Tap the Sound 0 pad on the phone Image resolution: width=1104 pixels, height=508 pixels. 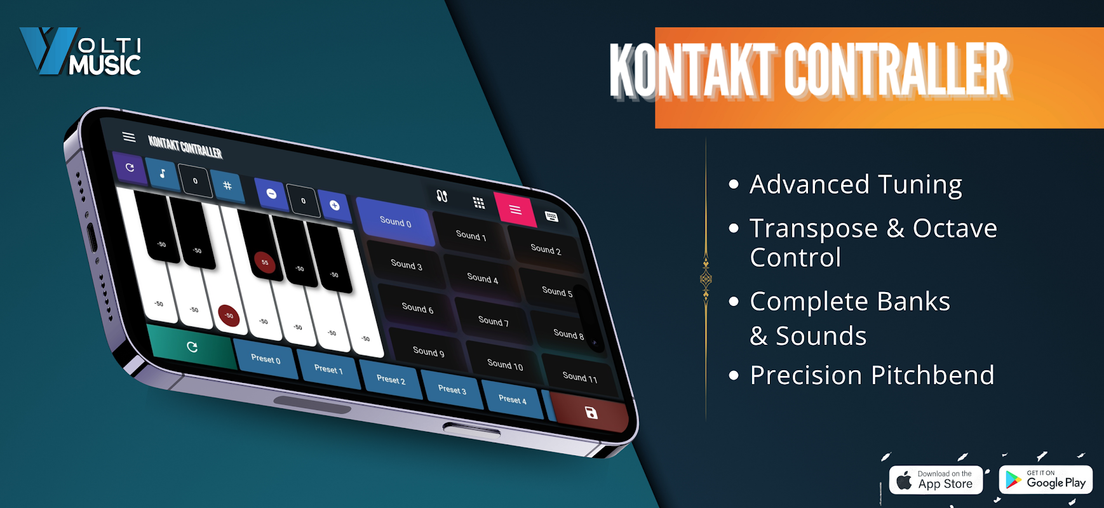tap(396, 222)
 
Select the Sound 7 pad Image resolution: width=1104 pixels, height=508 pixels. tap(494, 321)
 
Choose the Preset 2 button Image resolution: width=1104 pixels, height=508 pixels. tap(391, 380)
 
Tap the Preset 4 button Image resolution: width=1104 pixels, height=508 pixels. tap(513, 399)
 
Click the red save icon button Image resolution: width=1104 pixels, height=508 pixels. tap(591, 413)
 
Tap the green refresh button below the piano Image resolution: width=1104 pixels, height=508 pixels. tap(192, 347)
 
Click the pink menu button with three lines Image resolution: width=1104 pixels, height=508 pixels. tap(515, 210)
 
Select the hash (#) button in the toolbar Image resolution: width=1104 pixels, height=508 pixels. tap(227, 185)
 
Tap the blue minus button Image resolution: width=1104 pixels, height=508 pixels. tap(271, 194)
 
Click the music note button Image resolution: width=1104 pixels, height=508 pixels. tap(162, 173)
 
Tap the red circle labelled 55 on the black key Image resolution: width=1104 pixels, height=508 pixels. tap(265, 262)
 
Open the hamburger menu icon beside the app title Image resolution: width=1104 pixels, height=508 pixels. tap(129, 137)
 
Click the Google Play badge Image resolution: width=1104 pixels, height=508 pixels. tap(1046, 480)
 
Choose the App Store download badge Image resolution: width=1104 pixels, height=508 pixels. tap(936, 480)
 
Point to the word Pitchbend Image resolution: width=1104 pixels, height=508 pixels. tap(932, 375)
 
